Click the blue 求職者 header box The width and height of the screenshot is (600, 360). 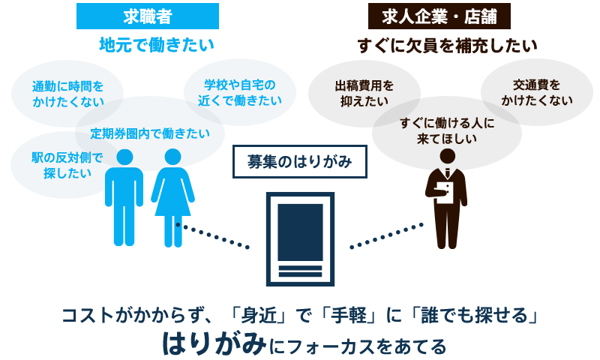147,16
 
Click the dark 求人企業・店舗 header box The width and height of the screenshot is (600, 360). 439,16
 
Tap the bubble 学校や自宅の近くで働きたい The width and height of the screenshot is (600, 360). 240,92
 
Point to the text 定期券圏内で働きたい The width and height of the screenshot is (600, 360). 150,133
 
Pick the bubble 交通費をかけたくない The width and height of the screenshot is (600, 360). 536,91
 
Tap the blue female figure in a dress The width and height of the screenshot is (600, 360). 173,196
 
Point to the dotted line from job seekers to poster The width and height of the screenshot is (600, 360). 213,235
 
